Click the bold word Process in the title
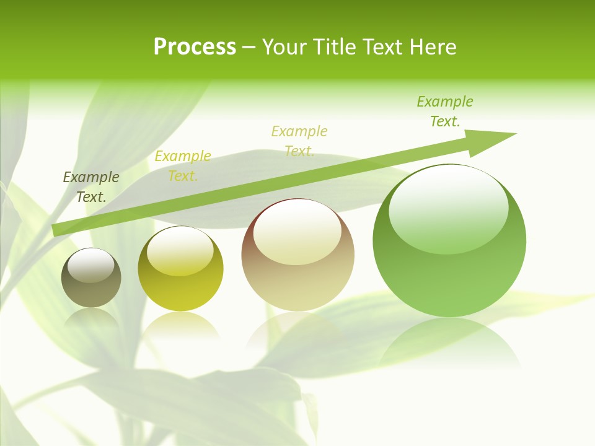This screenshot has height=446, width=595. [195, 47]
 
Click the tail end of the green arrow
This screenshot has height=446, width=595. [56, 230]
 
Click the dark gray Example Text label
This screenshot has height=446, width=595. [91, 187]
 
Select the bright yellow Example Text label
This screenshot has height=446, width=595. [183, 166]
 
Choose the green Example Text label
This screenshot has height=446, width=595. [445, 111]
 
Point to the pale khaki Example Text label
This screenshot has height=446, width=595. [299, 141]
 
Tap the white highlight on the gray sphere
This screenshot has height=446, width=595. [91, 265]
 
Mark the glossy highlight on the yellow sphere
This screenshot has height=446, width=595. [180, 250]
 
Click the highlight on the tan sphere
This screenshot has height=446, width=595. [297, 232]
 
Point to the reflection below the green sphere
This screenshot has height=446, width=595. [449, 344]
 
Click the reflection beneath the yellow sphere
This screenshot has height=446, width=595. [180, 325]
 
